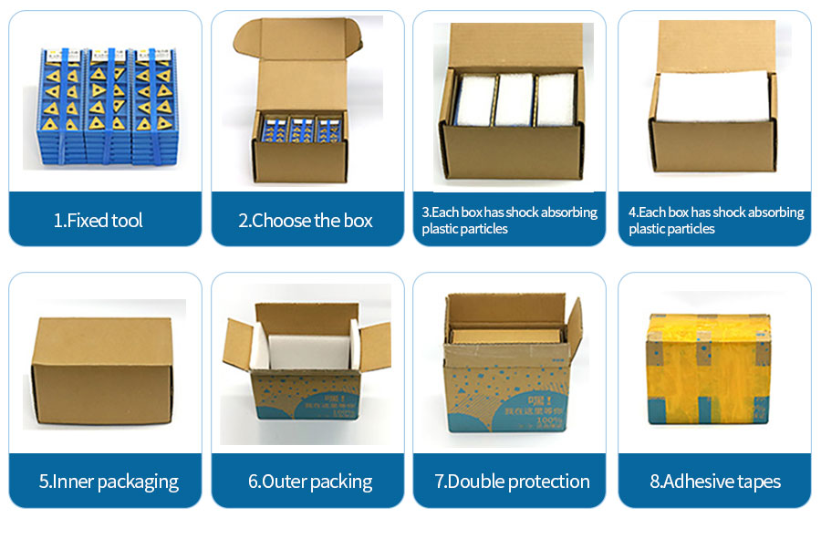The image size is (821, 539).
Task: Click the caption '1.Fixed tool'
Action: tap(98, 220)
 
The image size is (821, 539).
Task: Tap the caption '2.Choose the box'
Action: tap(306, 220)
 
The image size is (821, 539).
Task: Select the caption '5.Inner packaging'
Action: tap(109, 482)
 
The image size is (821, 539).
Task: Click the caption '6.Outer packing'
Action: tap(310, 482)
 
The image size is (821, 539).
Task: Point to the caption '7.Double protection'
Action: tap(512, 482)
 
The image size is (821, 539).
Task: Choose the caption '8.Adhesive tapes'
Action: tap(715, 482)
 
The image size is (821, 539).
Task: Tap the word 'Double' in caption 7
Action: tap(482, 482)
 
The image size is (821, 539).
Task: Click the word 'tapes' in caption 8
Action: tap(757, 482)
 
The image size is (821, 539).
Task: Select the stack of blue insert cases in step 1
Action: tap(107, 105)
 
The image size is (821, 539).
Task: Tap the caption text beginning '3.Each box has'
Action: tap(509, 220)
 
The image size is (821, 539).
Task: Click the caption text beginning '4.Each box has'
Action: tap(716, 220)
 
